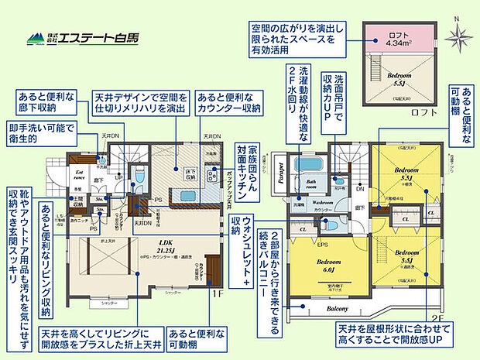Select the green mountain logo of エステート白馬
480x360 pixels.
(35, 37)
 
